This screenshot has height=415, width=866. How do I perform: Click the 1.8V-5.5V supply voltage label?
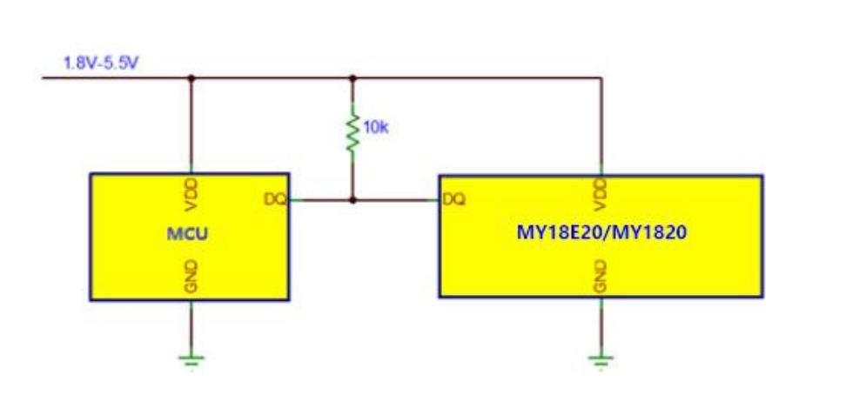click(x=100, y=63)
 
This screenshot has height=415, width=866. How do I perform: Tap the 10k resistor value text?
click(x=376, y=128)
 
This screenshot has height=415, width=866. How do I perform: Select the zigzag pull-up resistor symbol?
click(x=352, y=132)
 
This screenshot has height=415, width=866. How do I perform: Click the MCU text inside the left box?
click(x=188, y=234)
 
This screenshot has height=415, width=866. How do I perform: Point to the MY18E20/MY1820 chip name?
click(x=601, y=232)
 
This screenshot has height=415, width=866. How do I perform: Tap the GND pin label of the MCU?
click(x=191, y=278)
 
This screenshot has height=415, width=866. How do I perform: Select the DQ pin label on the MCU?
click(x=275, y=200)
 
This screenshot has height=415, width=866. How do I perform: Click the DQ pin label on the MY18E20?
click(x=454, y=200)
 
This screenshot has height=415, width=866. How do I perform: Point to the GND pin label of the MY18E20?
click(x=601, y=278)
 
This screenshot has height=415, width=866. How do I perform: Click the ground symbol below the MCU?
click(x=191, y=359)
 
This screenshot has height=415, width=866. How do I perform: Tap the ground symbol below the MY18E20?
click(x=601, y=359)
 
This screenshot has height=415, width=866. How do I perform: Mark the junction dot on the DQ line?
click(x=352, y=200)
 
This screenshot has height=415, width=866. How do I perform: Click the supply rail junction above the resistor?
click(x=352, y=78)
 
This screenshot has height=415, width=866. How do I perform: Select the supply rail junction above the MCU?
click(x=191, y=78)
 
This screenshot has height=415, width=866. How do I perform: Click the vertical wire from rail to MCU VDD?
click(x=191, y=126)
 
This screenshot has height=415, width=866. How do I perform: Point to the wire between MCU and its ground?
click(x=191, y=327)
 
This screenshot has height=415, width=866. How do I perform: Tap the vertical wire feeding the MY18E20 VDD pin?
click(x=601, y=126)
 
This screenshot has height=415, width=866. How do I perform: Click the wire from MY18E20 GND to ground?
click(x=601, y=325)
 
